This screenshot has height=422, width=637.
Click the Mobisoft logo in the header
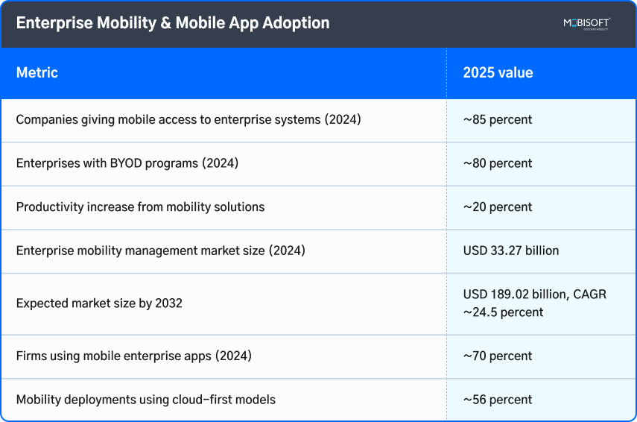click(586, 24)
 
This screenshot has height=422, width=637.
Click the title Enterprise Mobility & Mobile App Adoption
click(173, 23)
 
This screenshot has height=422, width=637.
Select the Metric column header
click(37, 73)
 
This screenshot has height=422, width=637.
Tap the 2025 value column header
click(498, 73)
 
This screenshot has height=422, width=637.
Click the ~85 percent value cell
click(498, 119)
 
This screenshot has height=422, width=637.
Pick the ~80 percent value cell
click(498, 163)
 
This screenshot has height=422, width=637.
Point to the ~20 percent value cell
click(498, 207)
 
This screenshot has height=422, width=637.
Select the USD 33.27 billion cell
click(511, 251)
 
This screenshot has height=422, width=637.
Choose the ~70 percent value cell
click(498, 356)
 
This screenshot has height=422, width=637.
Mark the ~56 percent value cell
click(498, 400)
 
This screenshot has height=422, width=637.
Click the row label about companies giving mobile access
click(188, 119)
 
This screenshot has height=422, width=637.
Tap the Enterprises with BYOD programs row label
click(127, 163)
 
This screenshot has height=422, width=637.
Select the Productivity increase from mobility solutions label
click(140, 207)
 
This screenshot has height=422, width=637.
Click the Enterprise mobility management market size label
click(161, 251)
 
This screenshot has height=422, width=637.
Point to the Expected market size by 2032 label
click(99, 303)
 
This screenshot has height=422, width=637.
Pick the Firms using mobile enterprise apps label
click(134, 356)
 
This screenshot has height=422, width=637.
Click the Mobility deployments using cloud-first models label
click(146, 400)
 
